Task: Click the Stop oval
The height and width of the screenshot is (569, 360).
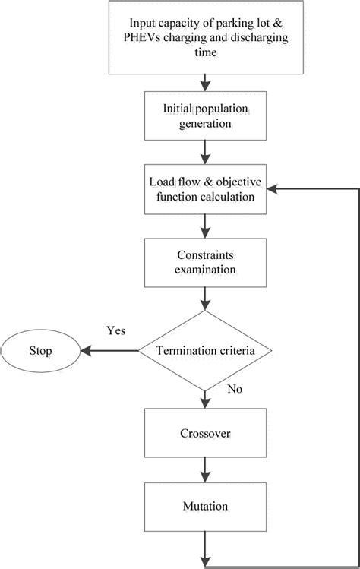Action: (39, 352)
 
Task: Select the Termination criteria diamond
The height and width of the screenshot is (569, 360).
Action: (205, 351)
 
